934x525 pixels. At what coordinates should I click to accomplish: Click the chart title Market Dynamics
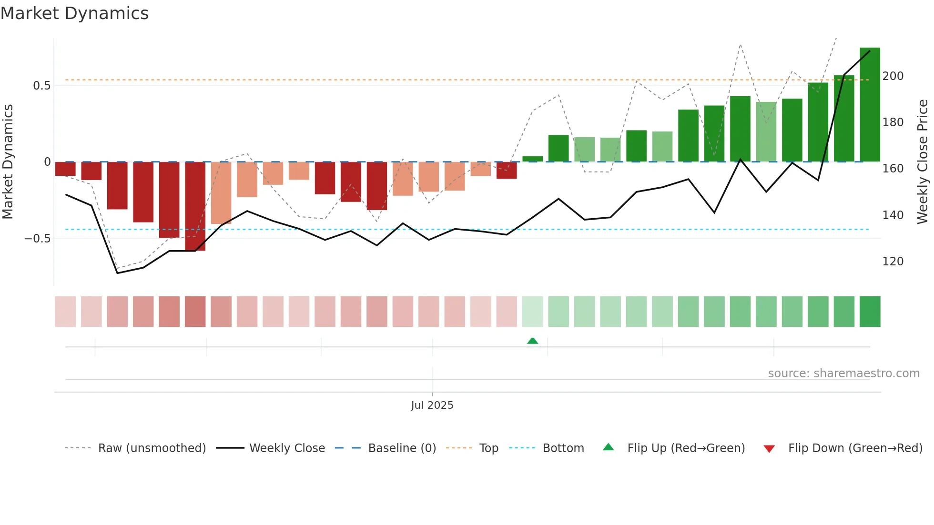(x=74, y=13)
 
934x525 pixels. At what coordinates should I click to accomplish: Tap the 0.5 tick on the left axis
(x=41, y=86)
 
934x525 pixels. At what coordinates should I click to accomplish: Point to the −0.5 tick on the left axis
(x=38, y=238)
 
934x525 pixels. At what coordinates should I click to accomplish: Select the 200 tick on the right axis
(x=893, y=76)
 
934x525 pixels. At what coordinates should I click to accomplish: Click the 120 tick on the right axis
(x=893, y=262)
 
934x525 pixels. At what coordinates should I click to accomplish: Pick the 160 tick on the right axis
(x=893, y=169)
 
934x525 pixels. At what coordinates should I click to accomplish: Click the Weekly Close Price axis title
(x=923, y=162)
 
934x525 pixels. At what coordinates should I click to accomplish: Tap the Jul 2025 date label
(x=432, y=405)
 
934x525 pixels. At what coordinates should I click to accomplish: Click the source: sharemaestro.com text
(x=843, y=374)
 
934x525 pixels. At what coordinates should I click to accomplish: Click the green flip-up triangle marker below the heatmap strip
(x=533, y=341)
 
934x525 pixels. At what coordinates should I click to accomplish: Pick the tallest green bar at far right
(x=870, y=105)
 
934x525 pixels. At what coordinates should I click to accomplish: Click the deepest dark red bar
(x=195, y=206)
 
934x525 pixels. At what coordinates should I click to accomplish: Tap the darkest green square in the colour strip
(x=870, y=312)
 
